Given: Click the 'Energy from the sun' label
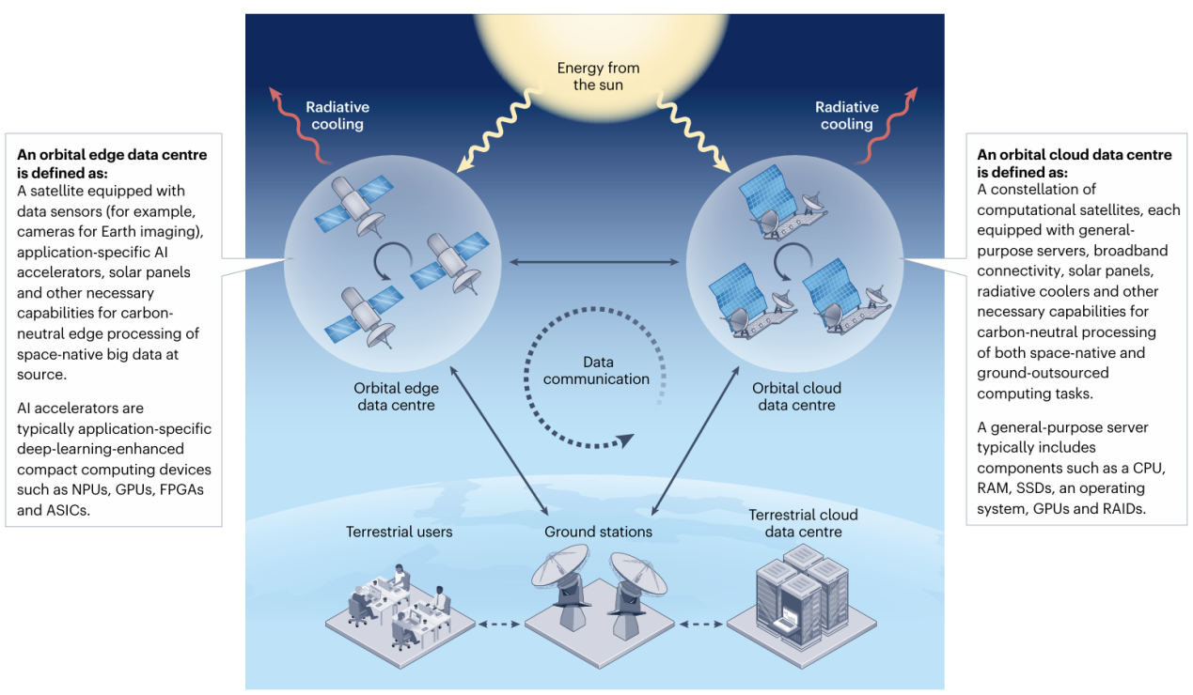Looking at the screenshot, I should pyautogui.click(x=598, y=76).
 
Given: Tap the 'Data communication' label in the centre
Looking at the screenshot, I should pyautogui.click(x=596, y=370).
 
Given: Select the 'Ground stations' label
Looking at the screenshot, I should pyautogui.click(x=598, y=532).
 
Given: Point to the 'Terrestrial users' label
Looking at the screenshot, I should pyautogui.click(x=399, y=532).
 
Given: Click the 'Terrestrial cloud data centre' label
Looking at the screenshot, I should pyautogui.click(x=803, y=523).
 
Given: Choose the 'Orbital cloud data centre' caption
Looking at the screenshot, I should pyautogui.click(x=796, y=396).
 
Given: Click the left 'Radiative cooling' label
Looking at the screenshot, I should pyautogui.click(x=337, y=116).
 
